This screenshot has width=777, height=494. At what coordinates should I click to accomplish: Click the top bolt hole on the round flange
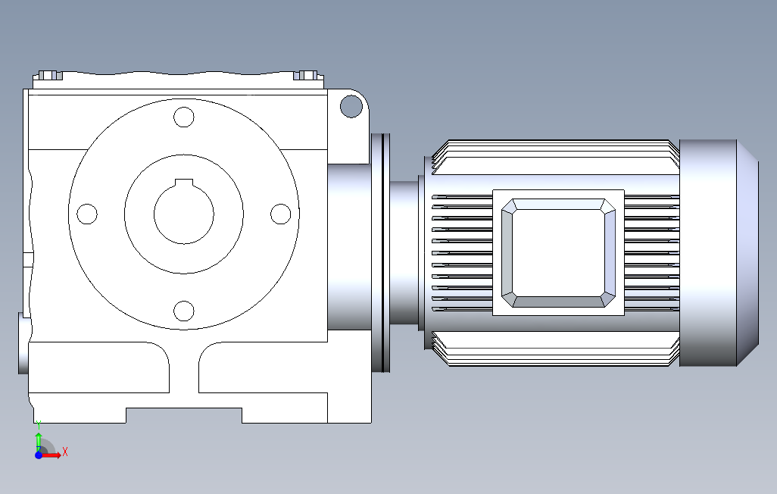click(184, 117)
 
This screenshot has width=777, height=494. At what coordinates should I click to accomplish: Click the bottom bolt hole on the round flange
click(184, 311)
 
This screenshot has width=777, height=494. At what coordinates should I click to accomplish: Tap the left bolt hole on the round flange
click(87, 214)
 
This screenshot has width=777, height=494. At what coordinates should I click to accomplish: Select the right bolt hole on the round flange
click(280, 214)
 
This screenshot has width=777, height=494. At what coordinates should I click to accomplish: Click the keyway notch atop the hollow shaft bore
click(184, 182)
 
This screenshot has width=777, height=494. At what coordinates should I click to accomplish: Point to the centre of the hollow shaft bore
click(184, 214)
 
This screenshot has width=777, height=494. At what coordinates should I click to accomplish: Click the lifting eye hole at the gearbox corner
click(351, 107)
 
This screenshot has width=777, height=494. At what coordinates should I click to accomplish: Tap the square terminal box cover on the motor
click(558, 253)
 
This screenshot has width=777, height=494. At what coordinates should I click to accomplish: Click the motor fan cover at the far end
click(719, 253)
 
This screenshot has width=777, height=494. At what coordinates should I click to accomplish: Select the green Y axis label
click(39, 425)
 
